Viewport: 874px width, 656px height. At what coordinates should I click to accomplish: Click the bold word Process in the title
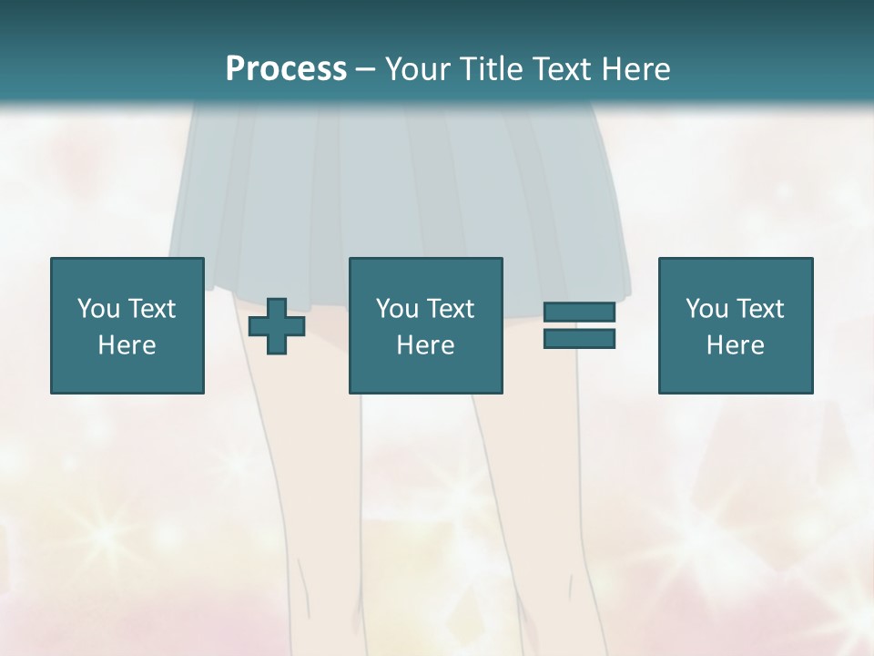tap(286, 68)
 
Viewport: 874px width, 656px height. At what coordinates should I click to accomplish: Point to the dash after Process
tap(365, 69)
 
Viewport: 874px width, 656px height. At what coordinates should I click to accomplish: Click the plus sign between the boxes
tap(277, 326)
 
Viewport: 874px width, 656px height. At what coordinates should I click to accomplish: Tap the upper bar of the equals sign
tap(579, 313)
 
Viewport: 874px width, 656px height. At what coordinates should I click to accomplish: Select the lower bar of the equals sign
tap(579, 339)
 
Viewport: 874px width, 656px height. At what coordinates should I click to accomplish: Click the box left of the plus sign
tap(127, 325)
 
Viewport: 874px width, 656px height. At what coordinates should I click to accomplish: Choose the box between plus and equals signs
tap(426, 325)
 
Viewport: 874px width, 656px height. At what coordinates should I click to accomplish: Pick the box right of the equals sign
tap(736, 325)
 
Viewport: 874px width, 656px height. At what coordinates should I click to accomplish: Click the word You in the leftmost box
tap(98, 309)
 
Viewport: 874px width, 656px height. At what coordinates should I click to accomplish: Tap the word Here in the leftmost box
tap(127, 345)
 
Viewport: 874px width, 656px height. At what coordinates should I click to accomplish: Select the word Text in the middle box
tap(450, 309)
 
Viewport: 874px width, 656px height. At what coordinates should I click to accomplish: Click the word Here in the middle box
tap(426, 345)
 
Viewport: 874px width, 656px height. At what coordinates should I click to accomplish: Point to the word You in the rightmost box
tap(706, 309)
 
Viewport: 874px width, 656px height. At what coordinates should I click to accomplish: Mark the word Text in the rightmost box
tap(759, 309)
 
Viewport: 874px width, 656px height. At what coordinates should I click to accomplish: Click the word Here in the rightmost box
tap(736, 345)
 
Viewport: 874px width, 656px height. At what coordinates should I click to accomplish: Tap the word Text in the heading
tap(557, 68)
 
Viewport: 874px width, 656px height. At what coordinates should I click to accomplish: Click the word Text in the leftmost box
tap(151, 309)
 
